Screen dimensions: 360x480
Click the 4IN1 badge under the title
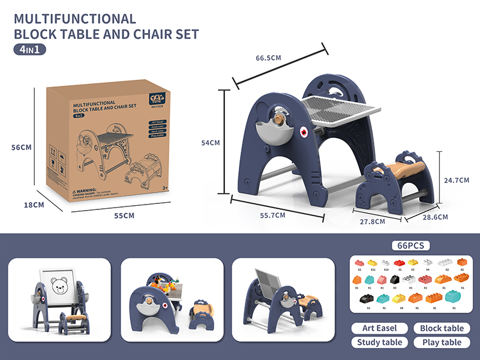coord(29,50)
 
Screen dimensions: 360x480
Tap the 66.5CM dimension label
coord(268,58)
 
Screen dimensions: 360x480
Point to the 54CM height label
coord(210,143)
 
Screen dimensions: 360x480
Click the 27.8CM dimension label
coord(372,221)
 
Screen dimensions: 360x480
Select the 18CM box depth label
coord(34,205)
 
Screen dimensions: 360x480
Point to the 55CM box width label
coord(124,215)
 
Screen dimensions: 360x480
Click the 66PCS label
coord(410,246)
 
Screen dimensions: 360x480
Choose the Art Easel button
coord(378,328)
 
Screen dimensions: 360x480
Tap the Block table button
coord(442,328)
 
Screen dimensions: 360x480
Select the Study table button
coord(378,343)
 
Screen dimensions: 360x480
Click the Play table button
coord(442,343)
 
